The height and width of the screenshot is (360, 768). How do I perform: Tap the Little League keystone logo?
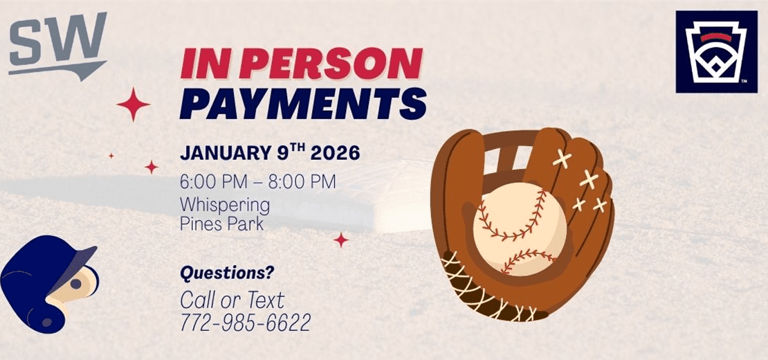[716, 52]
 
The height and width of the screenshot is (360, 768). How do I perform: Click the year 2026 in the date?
[334, 153]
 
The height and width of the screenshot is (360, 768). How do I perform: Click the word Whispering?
[224, 205]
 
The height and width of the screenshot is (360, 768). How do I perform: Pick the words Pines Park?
[221, 224]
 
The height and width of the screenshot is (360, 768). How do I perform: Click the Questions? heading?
[227, 273]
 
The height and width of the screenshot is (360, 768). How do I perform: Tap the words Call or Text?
[232, 300]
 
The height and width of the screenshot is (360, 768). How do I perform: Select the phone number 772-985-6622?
[245, 322]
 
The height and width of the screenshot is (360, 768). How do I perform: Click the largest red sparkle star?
[134, 105]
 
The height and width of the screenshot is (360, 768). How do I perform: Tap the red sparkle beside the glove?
[341, 240]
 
